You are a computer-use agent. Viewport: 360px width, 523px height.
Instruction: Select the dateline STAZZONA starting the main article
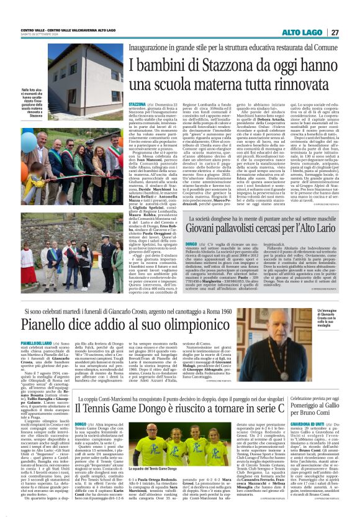click(x=138, y=104)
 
